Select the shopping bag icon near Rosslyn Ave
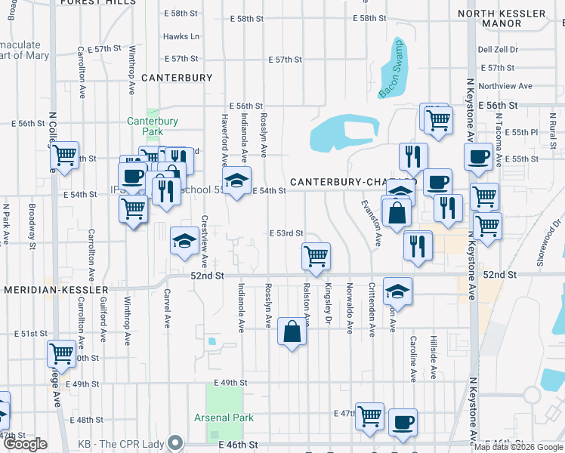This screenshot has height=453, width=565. point(292,331)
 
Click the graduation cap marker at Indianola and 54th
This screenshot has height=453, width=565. point(237,182)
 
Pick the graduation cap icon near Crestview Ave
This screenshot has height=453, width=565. point(184,242)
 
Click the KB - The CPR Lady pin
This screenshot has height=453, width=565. point(177,442)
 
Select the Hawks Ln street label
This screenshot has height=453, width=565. point(181,36)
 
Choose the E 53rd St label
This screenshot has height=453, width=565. point(286,233)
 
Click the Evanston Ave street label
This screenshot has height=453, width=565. point(371,223)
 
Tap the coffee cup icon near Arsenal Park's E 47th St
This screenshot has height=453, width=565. point(403,421)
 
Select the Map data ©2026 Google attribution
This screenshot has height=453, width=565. point(519,446)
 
